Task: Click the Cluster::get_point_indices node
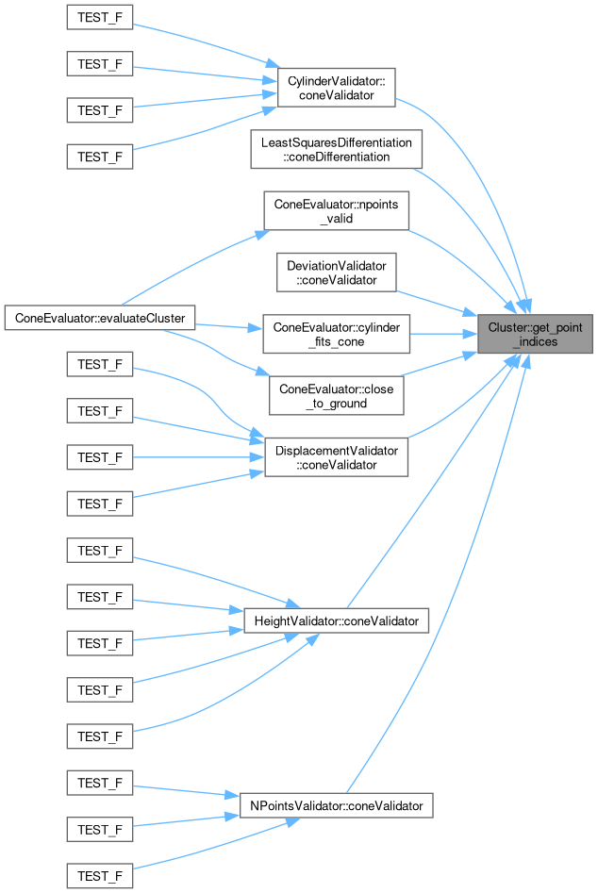535,334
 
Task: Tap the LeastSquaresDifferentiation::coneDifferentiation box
336,150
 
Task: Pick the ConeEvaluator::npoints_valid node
336,211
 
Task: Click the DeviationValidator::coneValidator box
337,273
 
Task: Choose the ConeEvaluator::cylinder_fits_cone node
337,334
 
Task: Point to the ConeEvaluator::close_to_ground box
337,395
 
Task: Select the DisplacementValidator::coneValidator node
337,457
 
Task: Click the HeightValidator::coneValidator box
337,621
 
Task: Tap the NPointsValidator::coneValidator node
337,806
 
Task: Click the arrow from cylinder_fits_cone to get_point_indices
443,334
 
